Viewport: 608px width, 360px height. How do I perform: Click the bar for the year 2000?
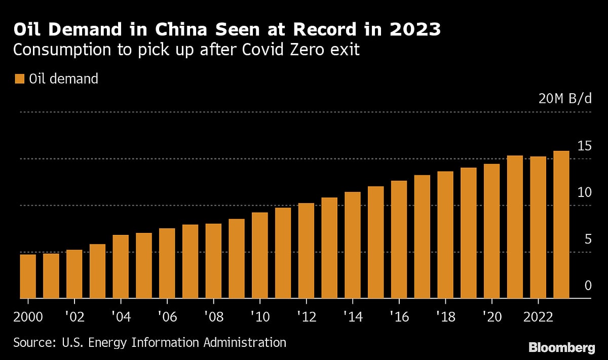click(28, 276)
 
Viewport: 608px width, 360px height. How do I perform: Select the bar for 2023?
click(561, 225)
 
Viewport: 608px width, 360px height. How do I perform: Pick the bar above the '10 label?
click(260, 255)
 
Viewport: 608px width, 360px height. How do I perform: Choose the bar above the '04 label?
click(121, 267)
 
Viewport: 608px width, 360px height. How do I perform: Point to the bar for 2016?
click(399, 239)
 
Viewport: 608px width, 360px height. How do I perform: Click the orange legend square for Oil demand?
click(20, 79)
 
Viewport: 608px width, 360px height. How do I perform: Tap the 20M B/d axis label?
click(565, 99)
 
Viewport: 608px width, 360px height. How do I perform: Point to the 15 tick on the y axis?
click(584, 146)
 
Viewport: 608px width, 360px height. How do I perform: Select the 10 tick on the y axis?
click(584, 192)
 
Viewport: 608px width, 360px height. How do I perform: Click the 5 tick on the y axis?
click(588, 239)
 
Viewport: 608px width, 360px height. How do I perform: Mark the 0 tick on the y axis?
click(588, 286)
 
